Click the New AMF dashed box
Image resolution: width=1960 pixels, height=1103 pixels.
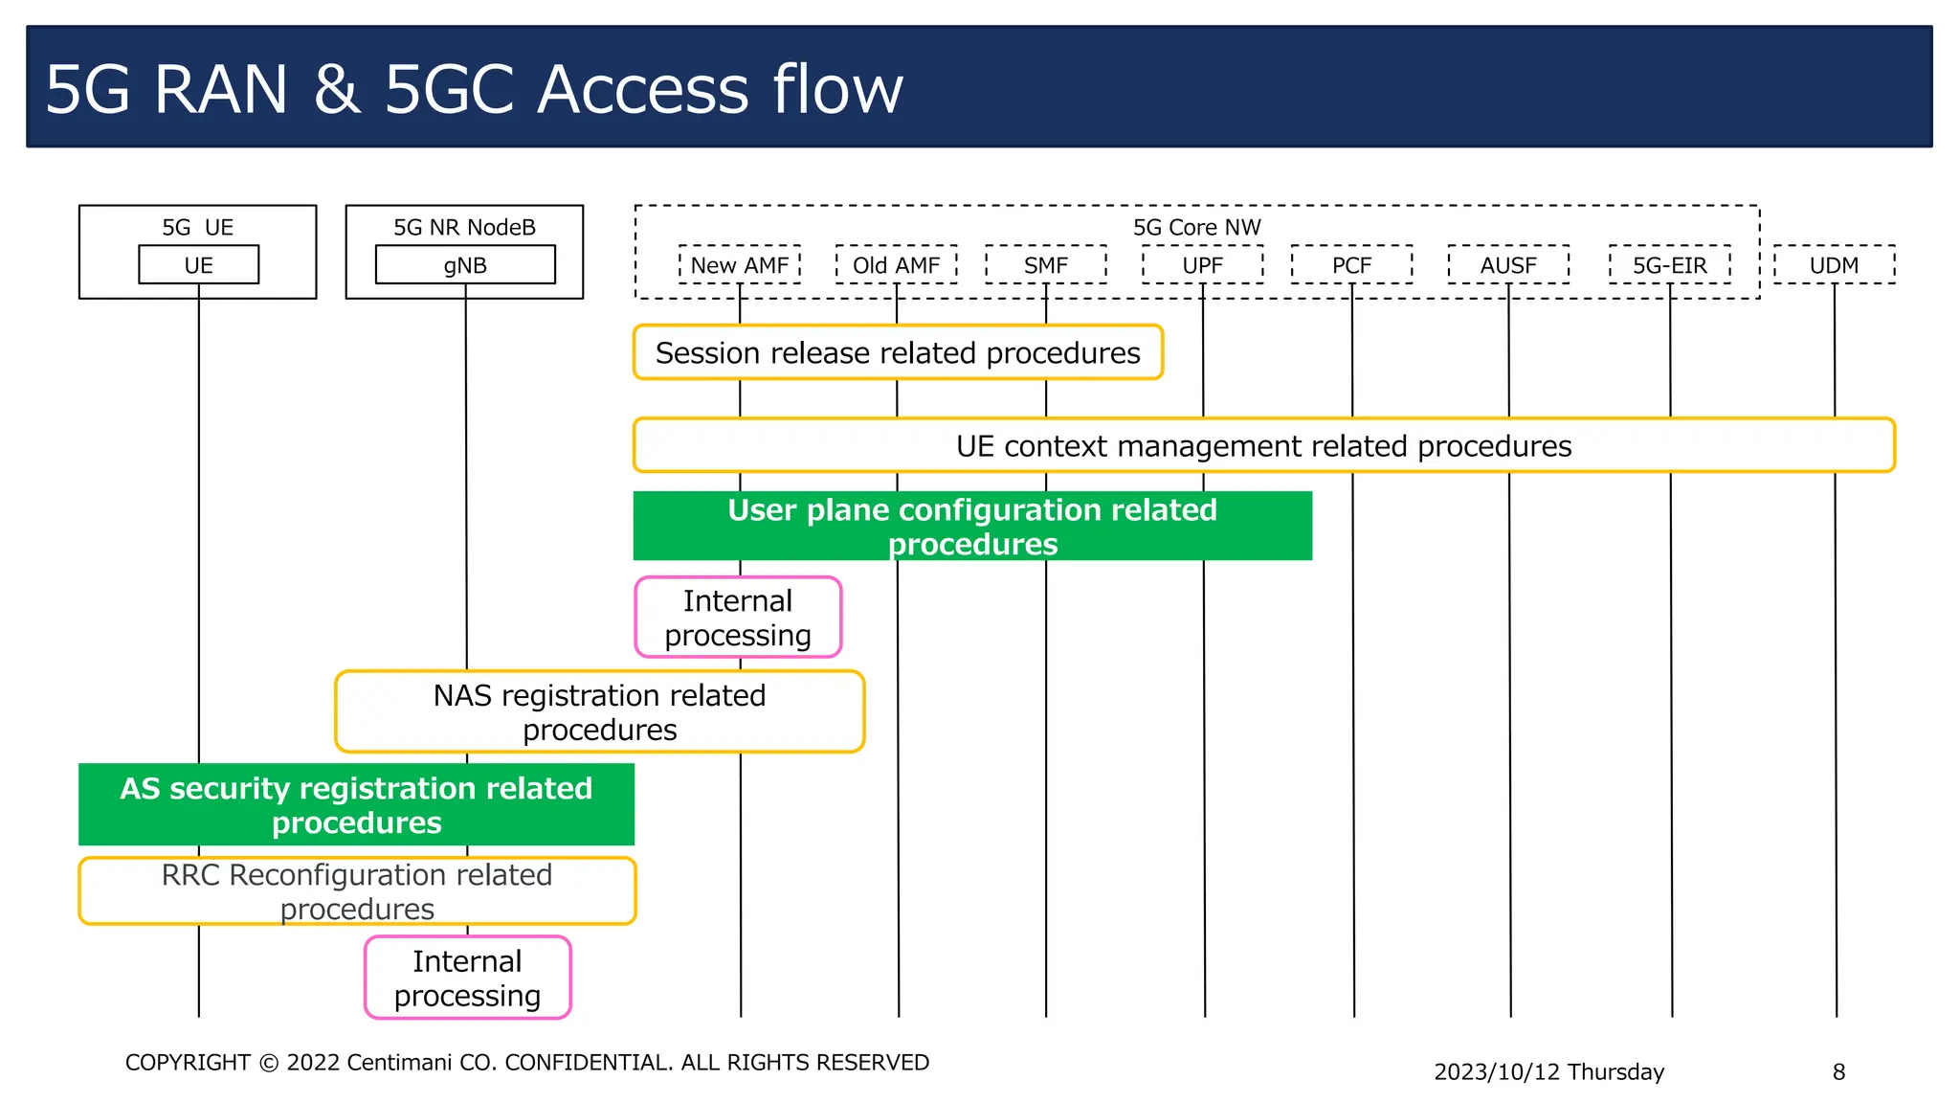coord(739,265)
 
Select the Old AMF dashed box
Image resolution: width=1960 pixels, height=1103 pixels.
coord(896,265)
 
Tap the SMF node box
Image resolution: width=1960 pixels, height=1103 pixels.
coord(1045,265)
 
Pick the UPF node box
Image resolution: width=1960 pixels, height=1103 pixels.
coord(1202,265)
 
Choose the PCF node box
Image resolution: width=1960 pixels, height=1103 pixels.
coord(1351,265)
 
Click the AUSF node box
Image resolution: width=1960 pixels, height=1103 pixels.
coord(1508,265)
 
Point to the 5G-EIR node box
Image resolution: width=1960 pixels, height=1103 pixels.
coord(1669,265)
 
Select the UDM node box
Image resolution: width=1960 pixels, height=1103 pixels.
coord(1834,265)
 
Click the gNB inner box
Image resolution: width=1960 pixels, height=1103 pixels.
coord(465,265)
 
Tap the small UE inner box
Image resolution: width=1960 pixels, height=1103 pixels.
coord(198,265)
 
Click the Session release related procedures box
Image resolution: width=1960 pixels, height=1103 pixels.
coord(898,352)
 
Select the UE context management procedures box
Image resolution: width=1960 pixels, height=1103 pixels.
coord(1263,445)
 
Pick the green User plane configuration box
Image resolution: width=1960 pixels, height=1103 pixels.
coord(971,526)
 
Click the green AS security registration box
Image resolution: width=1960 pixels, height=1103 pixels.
coord(356,804)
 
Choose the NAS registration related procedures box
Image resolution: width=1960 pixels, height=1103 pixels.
coord(599,711)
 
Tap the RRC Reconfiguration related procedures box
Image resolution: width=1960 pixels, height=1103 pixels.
coord(356,890)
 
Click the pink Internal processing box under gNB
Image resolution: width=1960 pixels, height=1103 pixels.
coord(467,978)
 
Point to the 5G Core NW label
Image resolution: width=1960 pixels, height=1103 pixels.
coord(1196,227)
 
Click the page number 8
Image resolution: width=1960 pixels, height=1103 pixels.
coord(1837,1071)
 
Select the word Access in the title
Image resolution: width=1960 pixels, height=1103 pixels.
coord(642,89)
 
